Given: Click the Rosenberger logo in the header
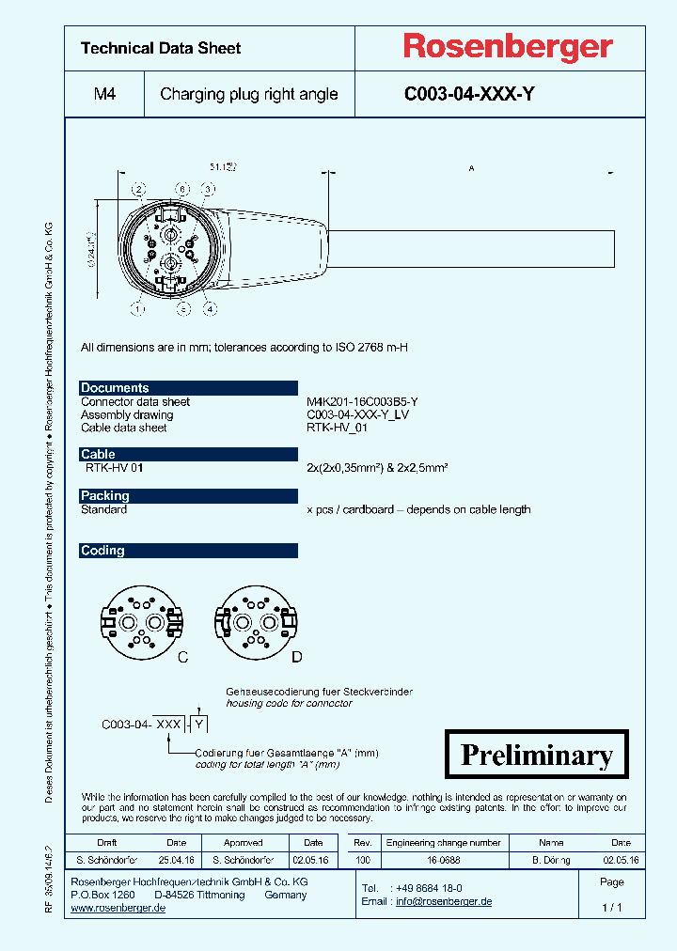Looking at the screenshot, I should point(508,46).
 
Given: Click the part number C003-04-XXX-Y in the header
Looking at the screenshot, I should point(469,94).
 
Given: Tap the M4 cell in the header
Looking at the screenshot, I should point(104,94).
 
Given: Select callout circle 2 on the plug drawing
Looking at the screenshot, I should point(139,191).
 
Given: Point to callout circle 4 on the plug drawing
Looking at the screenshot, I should point(211,307).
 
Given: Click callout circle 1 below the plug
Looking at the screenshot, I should point(139,307).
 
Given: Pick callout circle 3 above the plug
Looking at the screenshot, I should point(183,191).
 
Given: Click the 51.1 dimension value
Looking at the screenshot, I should point(223,166).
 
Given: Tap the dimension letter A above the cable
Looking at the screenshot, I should point(471,168).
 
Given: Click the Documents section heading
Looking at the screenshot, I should point(115,388).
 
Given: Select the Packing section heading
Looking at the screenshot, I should point(105,496).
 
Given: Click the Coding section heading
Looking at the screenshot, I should point(102,551).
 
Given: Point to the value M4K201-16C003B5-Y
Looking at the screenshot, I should point(362,401).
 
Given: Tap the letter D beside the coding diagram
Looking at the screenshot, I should point(295,657).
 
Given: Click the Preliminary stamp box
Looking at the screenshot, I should point(536,755).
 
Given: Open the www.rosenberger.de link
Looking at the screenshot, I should point(118,909).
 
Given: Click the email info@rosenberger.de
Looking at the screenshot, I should point(443,901).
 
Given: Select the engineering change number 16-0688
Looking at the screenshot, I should point(445,860).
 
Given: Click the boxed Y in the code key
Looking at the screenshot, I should point(199,724).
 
